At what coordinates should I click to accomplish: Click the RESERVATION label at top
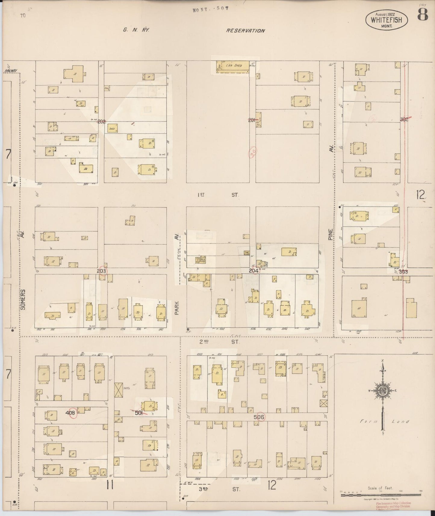tap(246, 30)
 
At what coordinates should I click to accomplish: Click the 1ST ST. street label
tap(219, 195)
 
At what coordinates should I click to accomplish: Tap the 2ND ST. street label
tap(219, 342)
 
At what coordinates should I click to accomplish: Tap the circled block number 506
tap(259, 417)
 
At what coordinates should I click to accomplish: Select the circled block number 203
tap(101, 271)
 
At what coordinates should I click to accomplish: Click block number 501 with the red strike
tap(138, 413)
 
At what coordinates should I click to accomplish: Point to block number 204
tap(253, 271)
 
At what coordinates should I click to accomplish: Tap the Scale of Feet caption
tap(380, 488)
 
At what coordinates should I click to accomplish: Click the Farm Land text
tap(381, 421)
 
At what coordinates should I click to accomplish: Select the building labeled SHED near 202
tap(111, 129)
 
